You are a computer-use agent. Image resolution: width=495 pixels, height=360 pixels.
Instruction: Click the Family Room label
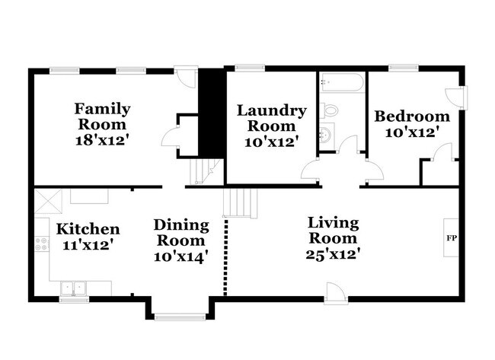(x=101, y=116)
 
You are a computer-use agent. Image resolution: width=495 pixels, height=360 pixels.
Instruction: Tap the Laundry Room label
(x=272, y=118)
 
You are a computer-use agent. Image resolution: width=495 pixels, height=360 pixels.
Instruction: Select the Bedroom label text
(x=412, y=116)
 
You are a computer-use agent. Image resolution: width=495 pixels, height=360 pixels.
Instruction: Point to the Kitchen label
(x=88, y=228)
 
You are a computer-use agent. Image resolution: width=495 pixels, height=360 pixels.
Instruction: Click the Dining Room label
(x=181, y=232)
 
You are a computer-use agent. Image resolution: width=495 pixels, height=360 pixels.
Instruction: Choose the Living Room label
(x=333, y=230)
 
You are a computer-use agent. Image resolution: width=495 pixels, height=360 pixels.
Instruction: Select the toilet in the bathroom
(x=329, y=111)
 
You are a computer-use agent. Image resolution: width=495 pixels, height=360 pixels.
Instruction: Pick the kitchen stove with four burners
(x=41, y=245)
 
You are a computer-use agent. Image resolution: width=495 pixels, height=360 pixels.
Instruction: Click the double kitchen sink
(x=74, y=288)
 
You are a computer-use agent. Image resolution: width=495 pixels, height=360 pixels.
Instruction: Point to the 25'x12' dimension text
(x=333, y=253)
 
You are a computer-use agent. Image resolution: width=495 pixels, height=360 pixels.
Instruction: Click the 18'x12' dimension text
(x=101, y=139)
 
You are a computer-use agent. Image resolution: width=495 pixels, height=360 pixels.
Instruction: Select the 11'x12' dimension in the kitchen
(x=88, y=245)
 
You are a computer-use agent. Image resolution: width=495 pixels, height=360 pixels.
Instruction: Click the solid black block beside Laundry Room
(x=209, y=113)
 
